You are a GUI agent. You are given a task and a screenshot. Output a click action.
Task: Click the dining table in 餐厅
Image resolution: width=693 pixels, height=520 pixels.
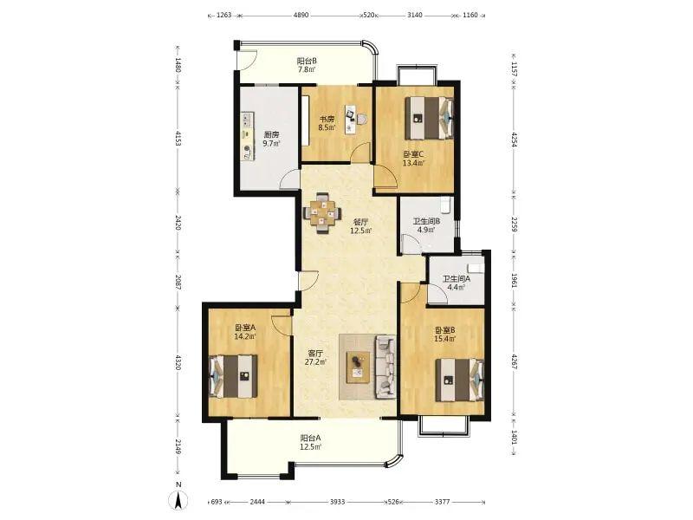click(x=322, y=212)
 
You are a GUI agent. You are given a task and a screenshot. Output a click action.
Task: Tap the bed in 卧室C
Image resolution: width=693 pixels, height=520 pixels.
click(x=430, y=118)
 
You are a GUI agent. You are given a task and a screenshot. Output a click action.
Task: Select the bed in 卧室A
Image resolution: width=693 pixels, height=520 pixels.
click(x=233, y=376)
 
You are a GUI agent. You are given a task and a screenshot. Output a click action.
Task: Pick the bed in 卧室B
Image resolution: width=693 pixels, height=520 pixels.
click(x=460, y=380)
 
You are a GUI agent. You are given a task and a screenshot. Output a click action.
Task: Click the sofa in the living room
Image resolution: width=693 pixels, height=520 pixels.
click(x=385, y=367)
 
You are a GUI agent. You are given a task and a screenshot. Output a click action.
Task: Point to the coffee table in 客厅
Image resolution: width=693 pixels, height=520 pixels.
click(x=359, y=367)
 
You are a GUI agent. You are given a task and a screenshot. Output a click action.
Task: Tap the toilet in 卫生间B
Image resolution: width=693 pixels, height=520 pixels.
click(x=445, y=205)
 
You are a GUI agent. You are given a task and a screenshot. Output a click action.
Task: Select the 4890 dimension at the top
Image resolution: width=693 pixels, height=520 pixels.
click(x=301, y=15)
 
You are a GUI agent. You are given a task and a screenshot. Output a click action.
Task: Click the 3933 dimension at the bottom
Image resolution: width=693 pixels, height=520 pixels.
click(x=338, y=502)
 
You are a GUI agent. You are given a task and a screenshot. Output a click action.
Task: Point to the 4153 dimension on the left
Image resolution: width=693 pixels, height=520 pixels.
click(x=178, y=138)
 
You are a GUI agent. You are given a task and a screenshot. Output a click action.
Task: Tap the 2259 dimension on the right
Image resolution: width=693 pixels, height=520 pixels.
click(x=514, y=224)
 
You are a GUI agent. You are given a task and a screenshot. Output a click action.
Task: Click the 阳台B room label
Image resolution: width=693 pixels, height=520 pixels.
click(x=307, y=61)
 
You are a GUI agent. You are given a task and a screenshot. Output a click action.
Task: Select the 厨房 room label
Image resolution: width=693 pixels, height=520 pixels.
click(x=271, y=135)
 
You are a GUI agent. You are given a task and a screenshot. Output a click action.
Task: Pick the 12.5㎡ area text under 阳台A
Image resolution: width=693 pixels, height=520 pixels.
click(x=311, y=447)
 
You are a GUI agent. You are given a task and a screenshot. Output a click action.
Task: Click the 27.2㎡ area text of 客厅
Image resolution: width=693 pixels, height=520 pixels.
click(x=315, y=362)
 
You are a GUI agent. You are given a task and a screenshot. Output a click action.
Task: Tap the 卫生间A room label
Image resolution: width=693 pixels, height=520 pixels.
click(x=457, y=279)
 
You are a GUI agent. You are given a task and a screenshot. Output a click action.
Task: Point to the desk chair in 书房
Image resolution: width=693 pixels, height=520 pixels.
click(x=361, y=120)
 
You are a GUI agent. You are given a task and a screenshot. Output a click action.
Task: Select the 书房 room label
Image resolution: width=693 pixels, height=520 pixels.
click(x=327, y=120)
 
